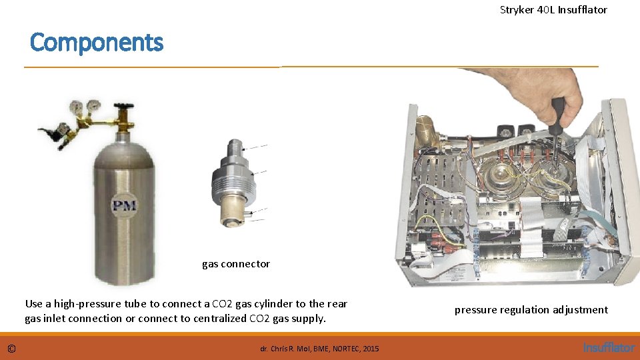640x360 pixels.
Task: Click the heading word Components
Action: [97, 43]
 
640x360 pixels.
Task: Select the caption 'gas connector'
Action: [236, 264]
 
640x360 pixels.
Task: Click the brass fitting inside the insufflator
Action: [424, 130]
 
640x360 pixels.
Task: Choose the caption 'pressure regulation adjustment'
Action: [531, 310]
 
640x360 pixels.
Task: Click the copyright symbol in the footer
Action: [11, 349]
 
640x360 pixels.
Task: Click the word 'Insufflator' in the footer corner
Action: [609, 348]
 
